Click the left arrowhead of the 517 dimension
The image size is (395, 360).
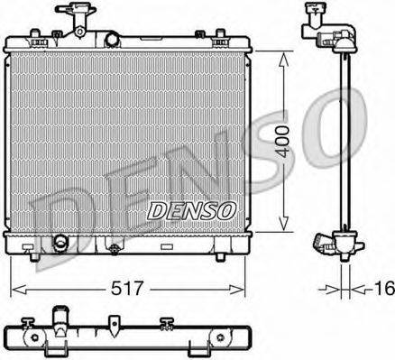(16, 290)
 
